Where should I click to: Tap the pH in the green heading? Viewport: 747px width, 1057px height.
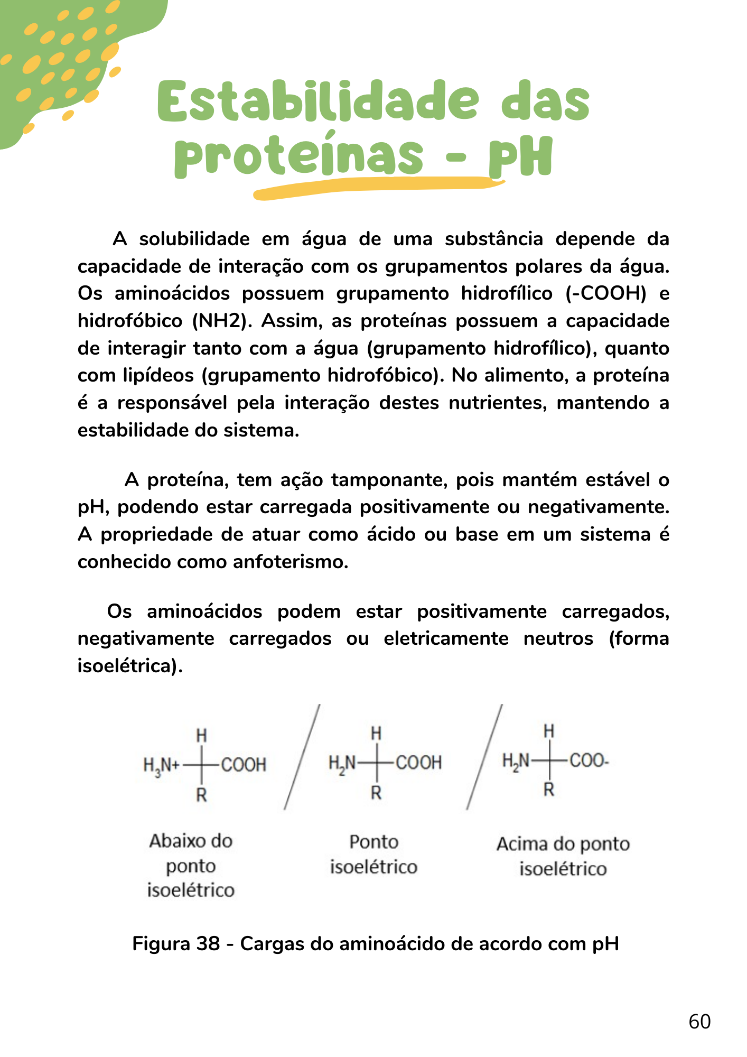coord(520,157)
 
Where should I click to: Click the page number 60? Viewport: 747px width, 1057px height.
coord(699,1022)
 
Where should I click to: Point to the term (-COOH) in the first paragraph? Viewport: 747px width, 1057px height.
coord(606,293)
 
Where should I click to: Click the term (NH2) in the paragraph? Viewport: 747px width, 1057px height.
coord(221,321)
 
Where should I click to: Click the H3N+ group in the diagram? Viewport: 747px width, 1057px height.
coord(162,765)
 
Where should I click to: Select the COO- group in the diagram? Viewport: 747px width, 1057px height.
coord(589,761)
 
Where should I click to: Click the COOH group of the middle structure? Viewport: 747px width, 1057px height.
coord(418,763)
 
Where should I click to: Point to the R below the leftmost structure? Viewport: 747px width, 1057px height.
coord(201,794)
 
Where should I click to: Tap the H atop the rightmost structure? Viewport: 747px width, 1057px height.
coord(549,731)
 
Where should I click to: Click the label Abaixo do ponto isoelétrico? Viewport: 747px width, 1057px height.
coord(191,865)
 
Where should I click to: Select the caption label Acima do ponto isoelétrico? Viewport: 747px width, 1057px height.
coord(563,856)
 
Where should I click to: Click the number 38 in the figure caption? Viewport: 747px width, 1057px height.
coord(208,943)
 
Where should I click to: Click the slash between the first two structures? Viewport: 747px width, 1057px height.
coord(302,757)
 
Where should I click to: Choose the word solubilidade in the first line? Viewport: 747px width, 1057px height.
coord(194,239)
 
